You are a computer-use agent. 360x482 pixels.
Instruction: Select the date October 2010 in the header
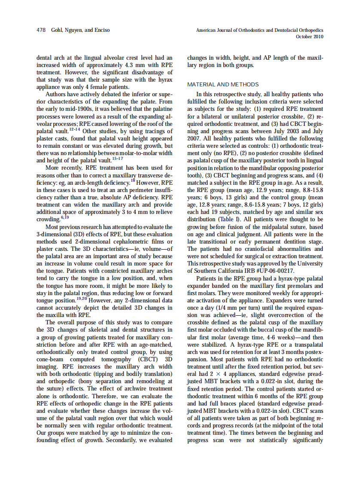pyautogui.click(x=310, y=37)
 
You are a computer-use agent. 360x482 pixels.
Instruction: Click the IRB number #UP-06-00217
pyautogui.click(x=274, y=271)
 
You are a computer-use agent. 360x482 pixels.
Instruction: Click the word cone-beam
pyautogui.click(x=51, y=360)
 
